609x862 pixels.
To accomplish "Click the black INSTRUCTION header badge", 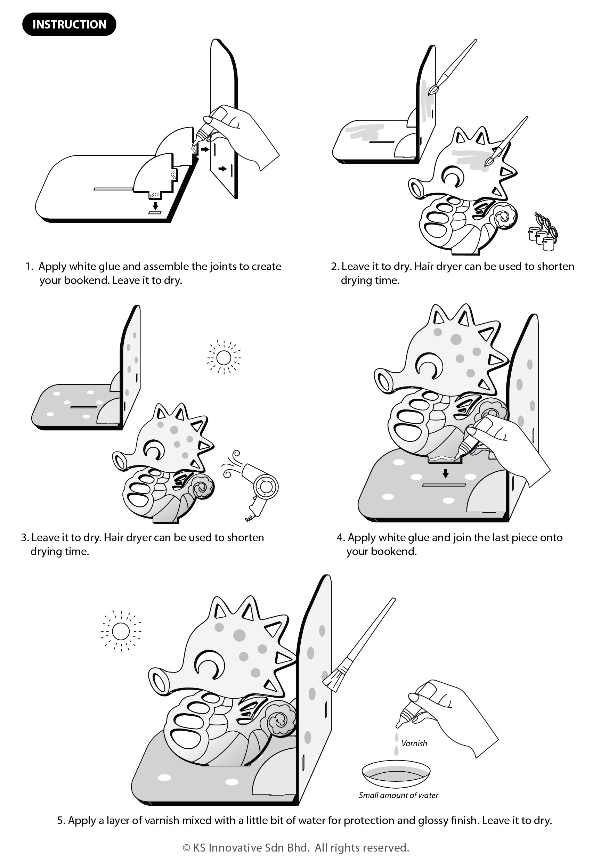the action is point(69,24).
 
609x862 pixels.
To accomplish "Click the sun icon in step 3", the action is point(224,357).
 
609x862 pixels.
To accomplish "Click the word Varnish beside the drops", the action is point(414,743).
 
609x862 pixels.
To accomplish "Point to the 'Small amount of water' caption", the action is point(398,795).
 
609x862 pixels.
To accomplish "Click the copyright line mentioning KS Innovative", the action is point(296,848).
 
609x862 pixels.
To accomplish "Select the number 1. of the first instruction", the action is point(29,267).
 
